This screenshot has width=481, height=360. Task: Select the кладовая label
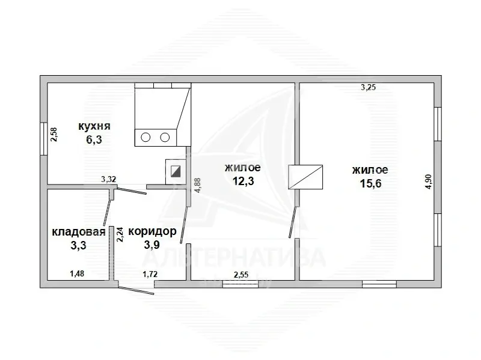click(x=79, y=231)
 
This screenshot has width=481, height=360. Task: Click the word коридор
click(x=152, y=231)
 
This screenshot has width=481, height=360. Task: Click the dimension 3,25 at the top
click(x=368, y=88)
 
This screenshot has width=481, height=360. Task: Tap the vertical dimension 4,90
click(x=428, y=182)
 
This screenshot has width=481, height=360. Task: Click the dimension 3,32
click(x=108, y=178)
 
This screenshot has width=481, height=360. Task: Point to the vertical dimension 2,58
click(x=54, y=134)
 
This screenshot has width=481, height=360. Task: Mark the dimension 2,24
click(x=120, y=234)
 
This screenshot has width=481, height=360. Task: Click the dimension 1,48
click(x=77, y=274)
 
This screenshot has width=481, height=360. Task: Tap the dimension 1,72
click(x=150, y=274)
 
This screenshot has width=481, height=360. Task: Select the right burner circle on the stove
click(x=164, y=138)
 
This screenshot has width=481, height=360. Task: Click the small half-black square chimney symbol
click(x=175, y=170)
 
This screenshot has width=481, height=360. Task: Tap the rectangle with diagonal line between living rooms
click(x=306, y=177)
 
